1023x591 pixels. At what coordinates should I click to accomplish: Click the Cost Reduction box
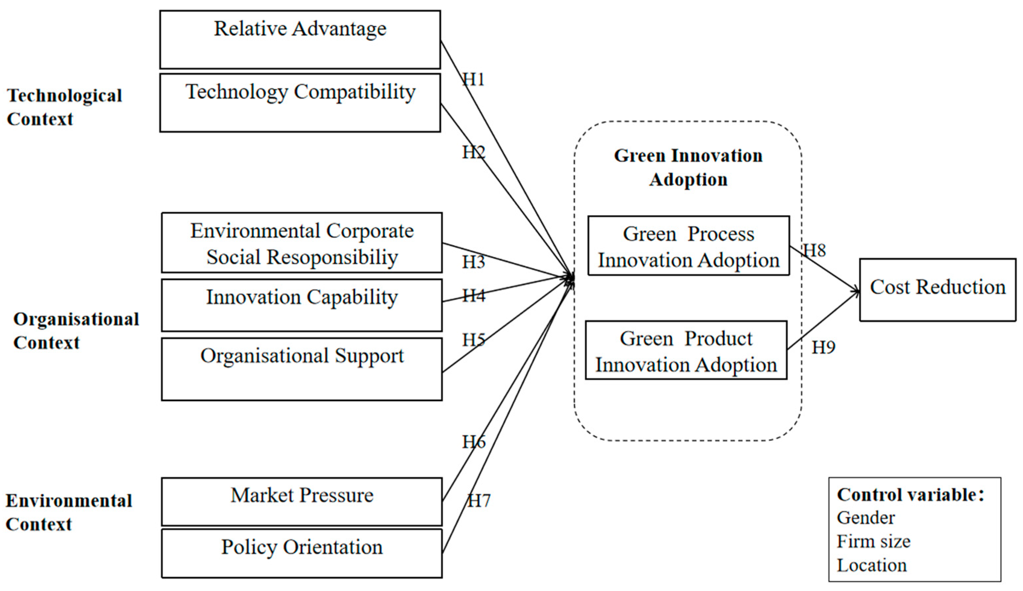pos(938,290)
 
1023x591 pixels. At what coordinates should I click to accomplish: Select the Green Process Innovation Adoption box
pos(688,246)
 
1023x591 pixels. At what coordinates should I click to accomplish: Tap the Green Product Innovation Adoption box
pos(686,350)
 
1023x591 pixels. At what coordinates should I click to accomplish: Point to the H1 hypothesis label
pos(474,79)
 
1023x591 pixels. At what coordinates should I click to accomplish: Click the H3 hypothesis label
pos(474,262)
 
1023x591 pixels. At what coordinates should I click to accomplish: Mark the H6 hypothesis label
pos(474,442)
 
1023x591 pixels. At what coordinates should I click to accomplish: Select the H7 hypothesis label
pos(479,501)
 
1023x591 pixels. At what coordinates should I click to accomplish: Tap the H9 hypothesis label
pos(823,347)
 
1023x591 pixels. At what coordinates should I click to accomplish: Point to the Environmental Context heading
pos(69,512)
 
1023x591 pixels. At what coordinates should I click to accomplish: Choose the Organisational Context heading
pos(76,330)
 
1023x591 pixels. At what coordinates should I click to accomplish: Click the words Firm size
pos(873,541)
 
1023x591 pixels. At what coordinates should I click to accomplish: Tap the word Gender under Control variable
pos(866,517)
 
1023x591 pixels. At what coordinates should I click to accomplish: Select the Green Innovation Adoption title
pos(688,167)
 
